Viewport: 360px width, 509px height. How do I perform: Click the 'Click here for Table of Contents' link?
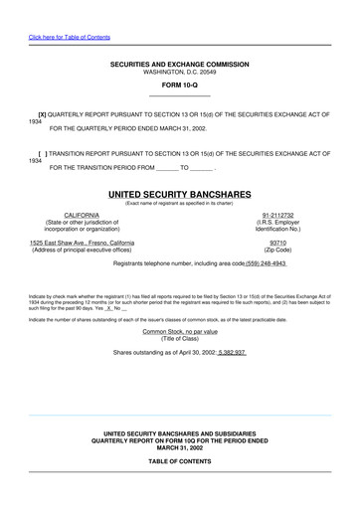tap(70, 37)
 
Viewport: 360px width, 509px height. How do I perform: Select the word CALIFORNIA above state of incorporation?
tap(82, 214)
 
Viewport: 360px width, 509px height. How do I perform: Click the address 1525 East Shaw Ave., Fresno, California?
tap(95, 243)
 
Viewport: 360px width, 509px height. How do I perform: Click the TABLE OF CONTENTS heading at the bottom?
tap(179, 462)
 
